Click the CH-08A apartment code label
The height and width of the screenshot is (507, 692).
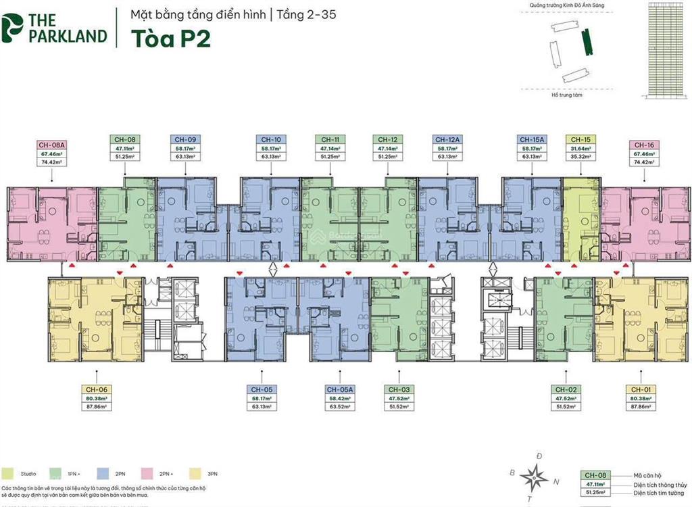click(x=51, y=145)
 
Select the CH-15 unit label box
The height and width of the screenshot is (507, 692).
click(x=580, y=139)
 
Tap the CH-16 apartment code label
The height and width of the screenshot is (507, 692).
click(x=643, y=145)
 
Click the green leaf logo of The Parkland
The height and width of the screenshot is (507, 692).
click(x=13, y=27)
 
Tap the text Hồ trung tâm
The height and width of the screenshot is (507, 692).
click(x=566, y=95)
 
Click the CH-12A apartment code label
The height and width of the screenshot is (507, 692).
click(x=447, y=139)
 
